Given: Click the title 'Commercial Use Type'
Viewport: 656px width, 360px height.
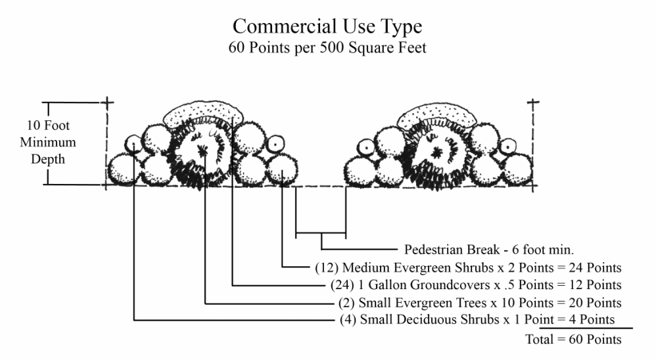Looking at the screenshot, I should tap(327, 27).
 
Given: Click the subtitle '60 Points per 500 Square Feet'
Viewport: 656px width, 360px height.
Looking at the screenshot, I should tap(327, 48).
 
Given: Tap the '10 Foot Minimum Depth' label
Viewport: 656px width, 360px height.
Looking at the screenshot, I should tap(51, 142).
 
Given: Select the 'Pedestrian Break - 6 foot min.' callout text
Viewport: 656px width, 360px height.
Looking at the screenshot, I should tap(489, 250).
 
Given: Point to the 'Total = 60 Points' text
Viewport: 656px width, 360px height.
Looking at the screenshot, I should tap(573, 340).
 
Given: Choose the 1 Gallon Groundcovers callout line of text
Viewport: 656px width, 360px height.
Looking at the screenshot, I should tap(474, 286).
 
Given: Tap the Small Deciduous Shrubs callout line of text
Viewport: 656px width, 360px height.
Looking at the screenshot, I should tap(477, 320).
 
